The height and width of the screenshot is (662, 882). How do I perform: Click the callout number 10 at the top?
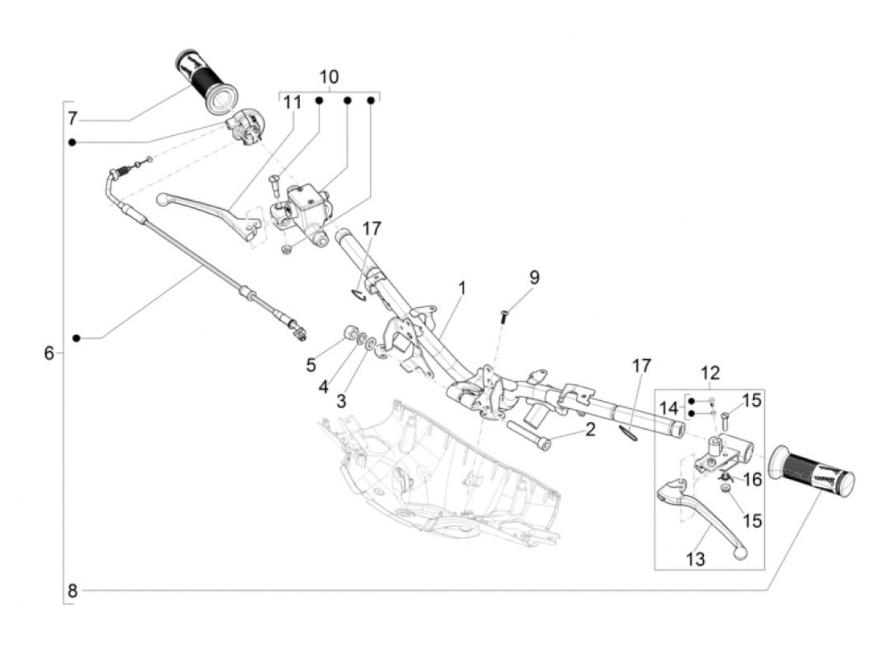[329, 77]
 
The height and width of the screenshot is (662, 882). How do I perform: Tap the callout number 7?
[72, 118]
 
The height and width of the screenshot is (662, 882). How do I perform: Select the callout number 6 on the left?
[49, 353]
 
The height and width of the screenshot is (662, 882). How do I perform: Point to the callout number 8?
[72, 591]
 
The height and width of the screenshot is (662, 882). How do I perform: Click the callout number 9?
[534, 278]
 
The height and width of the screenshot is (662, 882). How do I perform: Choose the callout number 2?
[590, 430]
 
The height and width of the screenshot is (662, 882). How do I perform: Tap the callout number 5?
[311, 364]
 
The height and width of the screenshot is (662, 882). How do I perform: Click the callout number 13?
[696, 559]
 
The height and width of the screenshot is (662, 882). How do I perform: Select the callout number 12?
[709, 373]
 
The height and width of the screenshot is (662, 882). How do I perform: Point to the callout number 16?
[752, 480]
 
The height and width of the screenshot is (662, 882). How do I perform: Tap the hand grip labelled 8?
[813, 472]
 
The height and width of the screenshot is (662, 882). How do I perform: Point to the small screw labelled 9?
[503, 316]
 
